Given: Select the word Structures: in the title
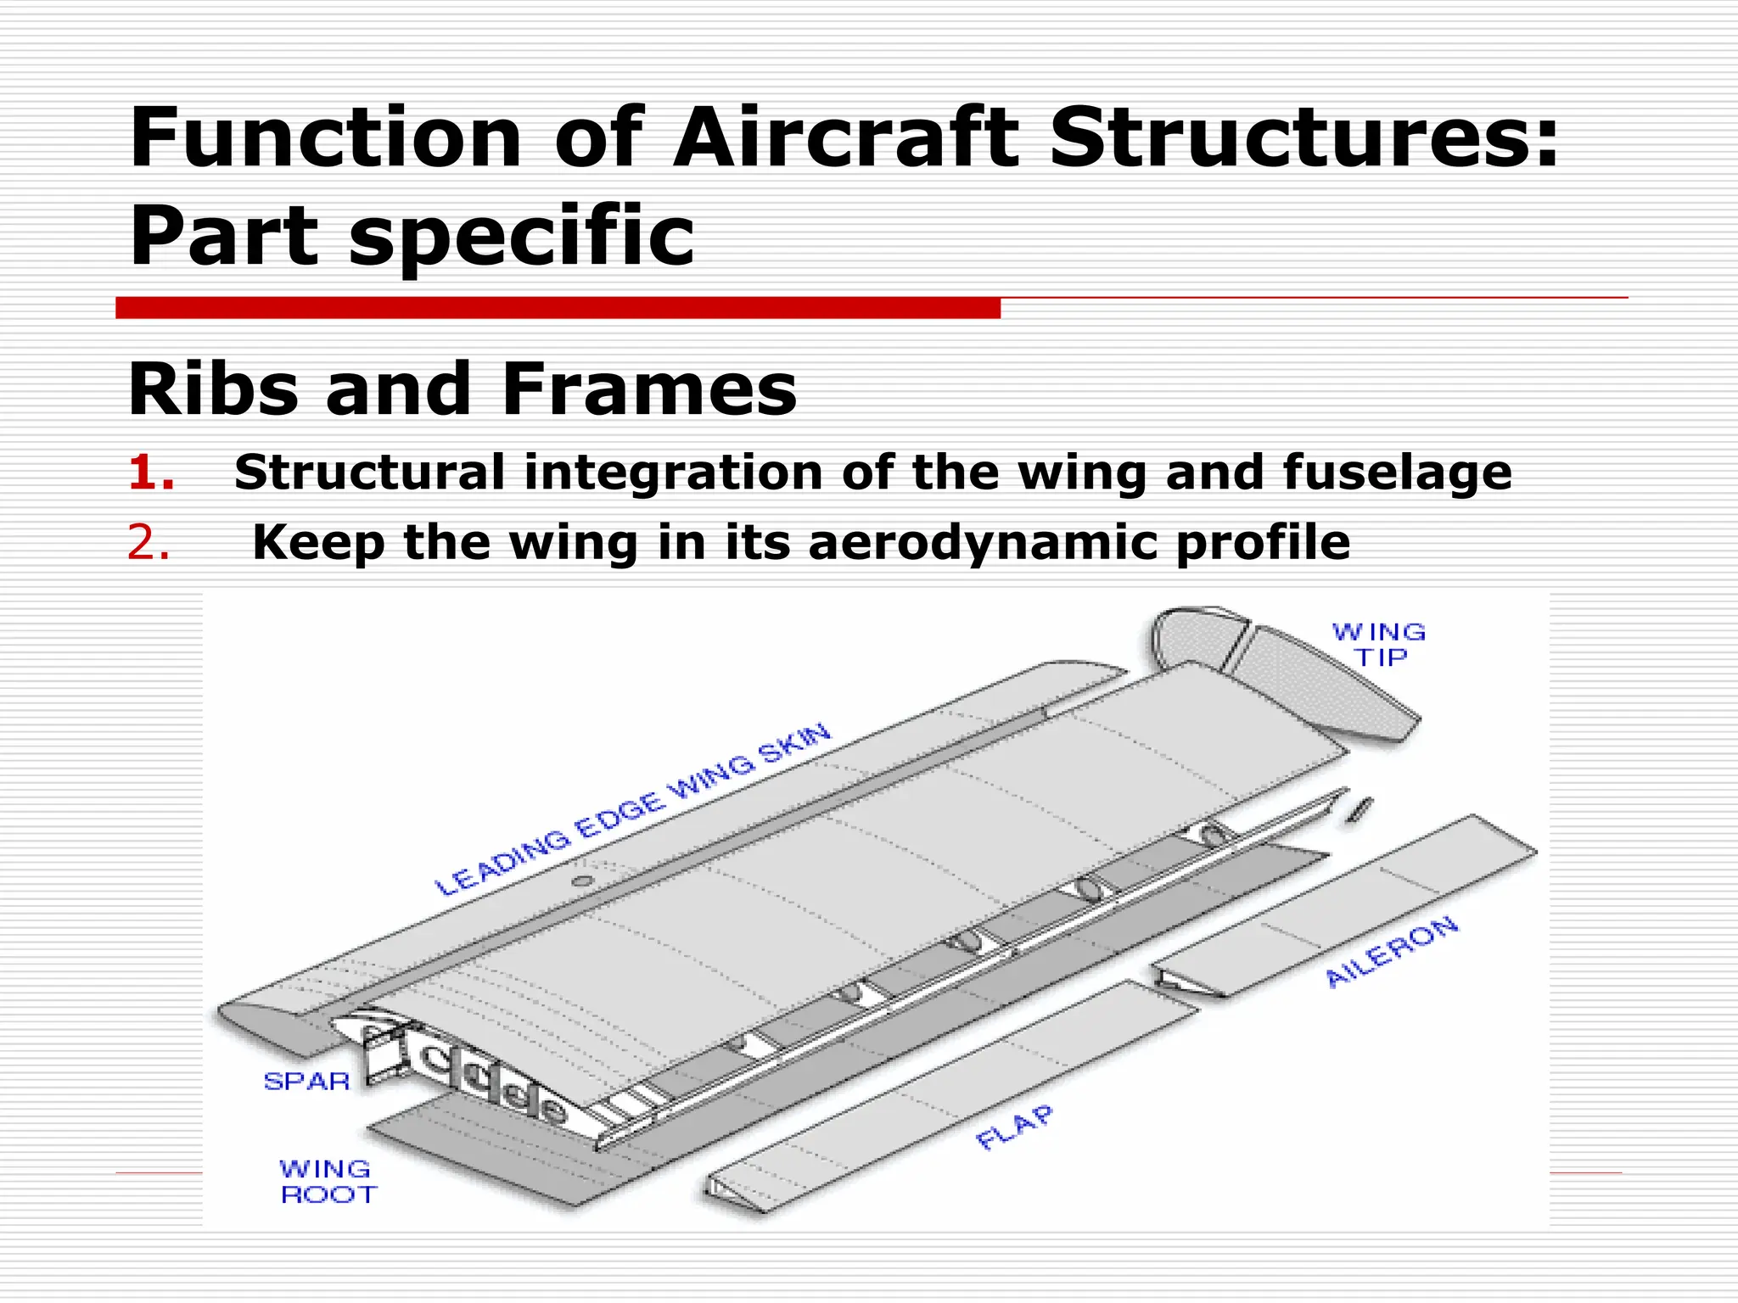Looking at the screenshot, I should pos(1304,137).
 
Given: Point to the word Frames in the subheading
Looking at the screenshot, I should pos(648,389).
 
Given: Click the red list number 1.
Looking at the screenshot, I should pos(150,473).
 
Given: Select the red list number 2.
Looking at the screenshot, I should pos(148,543).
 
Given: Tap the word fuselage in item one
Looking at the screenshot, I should pos(1396,473).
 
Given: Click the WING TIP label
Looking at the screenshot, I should pos(1379,645).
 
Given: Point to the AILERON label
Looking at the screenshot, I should pos(1392,952).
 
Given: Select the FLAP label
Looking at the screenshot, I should pos(1015,1127).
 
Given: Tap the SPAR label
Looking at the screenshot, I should pos(306,1082).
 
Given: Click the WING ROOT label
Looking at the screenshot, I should pos(327,1182).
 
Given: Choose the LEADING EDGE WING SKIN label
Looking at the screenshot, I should pos(633,810).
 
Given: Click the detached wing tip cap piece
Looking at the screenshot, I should pos(1281,670).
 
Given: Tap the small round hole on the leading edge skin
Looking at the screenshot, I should pos(582,881).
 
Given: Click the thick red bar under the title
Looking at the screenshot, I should pos(558,308).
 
